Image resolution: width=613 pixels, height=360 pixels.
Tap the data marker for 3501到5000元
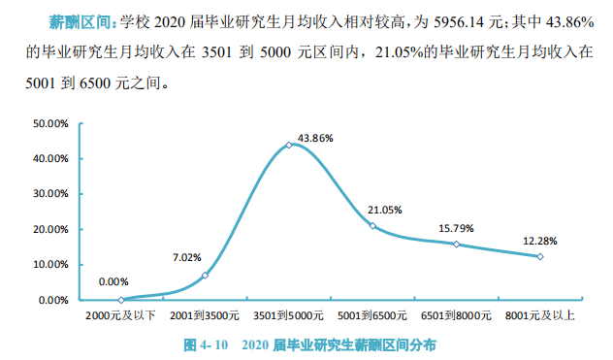click(x=289, y=145)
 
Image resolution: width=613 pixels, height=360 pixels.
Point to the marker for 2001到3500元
click(x=205, y=276)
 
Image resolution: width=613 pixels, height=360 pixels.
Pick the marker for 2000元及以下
click(x=121, y=300)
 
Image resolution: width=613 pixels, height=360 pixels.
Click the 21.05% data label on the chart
click(x=385, y=210)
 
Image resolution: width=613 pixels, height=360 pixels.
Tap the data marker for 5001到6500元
click(x=372, y=226)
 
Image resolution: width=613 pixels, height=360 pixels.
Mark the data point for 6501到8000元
click(x=456, y=244)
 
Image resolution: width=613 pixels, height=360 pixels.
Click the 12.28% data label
click(x=539, y=241)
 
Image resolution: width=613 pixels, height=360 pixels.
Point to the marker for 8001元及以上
click(x=540, y=256)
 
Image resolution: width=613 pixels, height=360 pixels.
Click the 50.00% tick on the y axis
click(x=49, y=123)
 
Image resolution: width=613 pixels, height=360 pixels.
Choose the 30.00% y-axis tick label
click(x=49, y=194)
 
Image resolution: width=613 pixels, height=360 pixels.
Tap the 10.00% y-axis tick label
click(x=49, y=265)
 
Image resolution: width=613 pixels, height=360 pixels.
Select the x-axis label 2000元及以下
click(x=121, y=316)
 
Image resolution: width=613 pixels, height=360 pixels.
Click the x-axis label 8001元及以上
click(x=540, y=316)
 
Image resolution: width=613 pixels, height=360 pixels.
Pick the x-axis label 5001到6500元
click(x=372, y=316)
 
